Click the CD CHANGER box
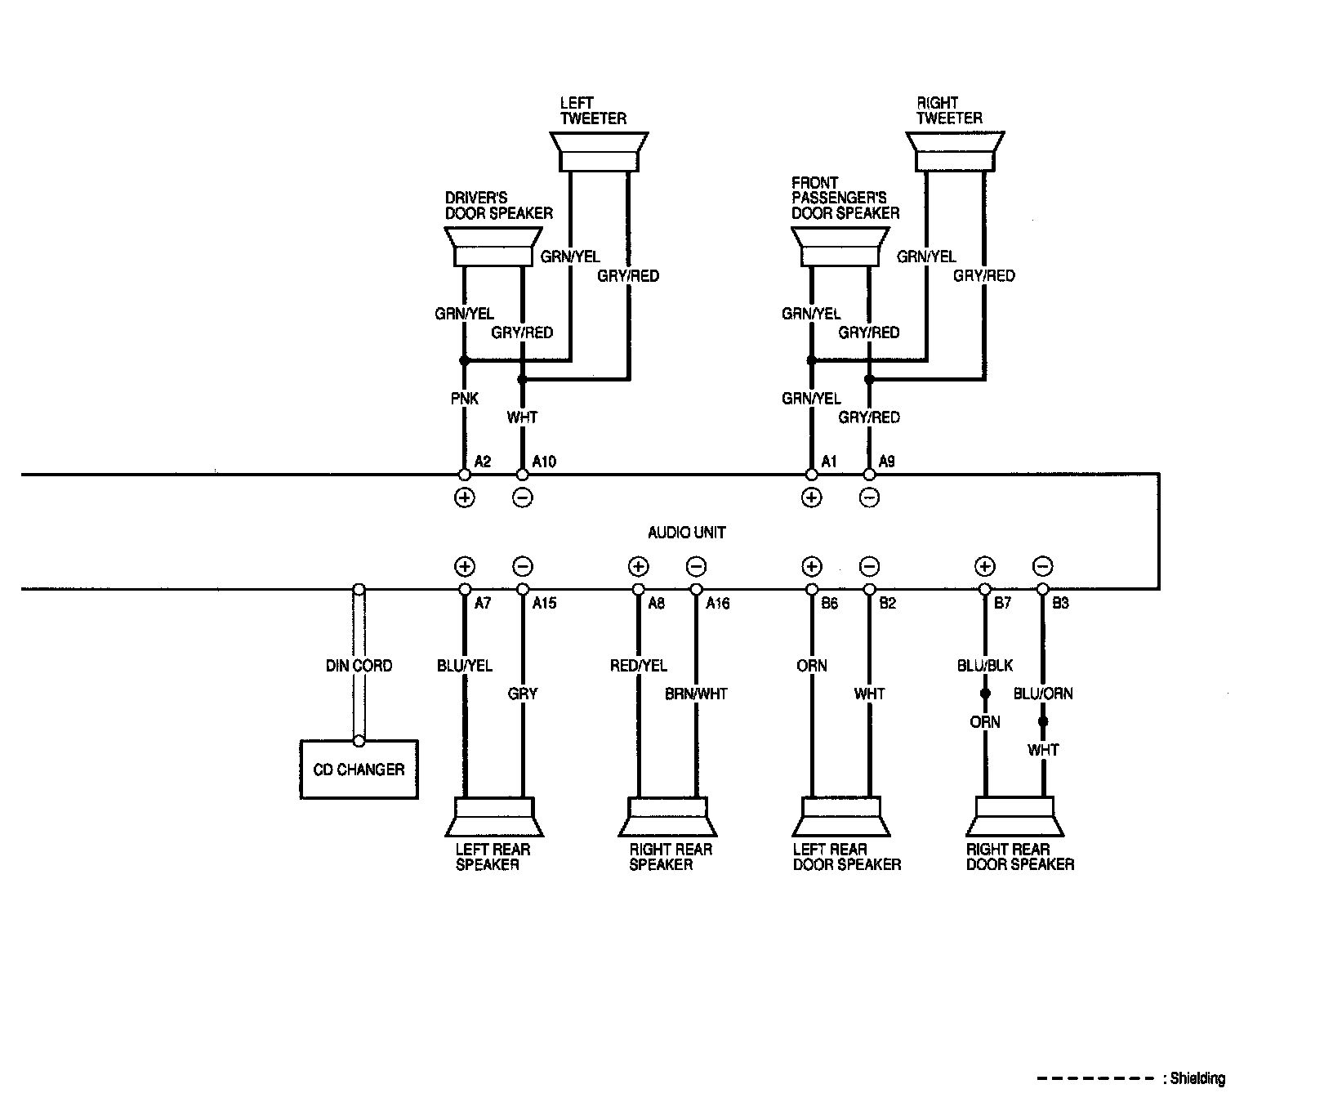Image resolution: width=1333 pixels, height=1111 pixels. (359, 770)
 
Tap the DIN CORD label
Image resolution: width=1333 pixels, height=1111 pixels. (359, 666)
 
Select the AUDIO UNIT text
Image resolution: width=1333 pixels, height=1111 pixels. (686, 533)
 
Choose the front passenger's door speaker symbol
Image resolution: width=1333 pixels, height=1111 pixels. (840, 247)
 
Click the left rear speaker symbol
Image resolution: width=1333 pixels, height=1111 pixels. (493, 817)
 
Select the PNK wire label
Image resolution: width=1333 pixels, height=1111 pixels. (464, 399)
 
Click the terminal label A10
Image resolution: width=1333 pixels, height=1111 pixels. (544, 462)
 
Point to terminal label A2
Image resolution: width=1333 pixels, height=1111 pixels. (483, 462)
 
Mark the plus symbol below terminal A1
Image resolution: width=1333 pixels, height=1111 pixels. (811, 497)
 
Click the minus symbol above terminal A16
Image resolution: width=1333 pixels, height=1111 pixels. (696, 567)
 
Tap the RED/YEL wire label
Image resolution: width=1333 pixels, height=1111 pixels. (638, 666)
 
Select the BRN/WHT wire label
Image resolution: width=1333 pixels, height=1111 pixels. (696, 694)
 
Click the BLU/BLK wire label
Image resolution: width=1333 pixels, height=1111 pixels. (984, 666)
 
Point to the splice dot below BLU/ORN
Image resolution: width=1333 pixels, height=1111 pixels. (1043, 722)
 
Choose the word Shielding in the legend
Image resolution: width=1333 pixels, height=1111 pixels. (1197, 1079)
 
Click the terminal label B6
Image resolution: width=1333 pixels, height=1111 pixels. (830, 604)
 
